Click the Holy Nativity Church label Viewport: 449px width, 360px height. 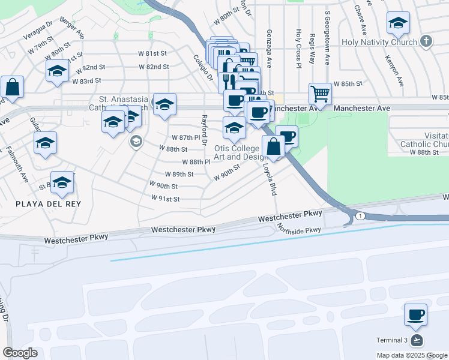tap(379, 42)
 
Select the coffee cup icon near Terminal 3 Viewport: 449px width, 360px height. tap(415, 314)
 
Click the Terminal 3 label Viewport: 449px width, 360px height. tap(393, 340)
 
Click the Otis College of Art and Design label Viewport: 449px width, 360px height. tap(237, 152)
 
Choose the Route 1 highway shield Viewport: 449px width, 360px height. tap(359, 215)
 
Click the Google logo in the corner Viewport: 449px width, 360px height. tap(20, 353)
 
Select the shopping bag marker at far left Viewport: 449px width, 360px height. tap(12, 87)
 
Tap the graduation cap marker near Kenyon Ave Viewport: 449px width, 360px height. tap(398, 24)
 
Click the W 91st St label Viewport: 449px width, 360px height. tap(167, 199)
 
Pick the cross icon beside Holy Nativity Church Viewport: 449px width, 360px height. tap(426, 41)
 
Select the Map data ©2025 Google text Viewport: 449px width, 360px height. tap(411, 355)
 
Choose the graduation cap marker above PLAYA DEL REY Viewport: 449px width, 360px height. tap(62, 184)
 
